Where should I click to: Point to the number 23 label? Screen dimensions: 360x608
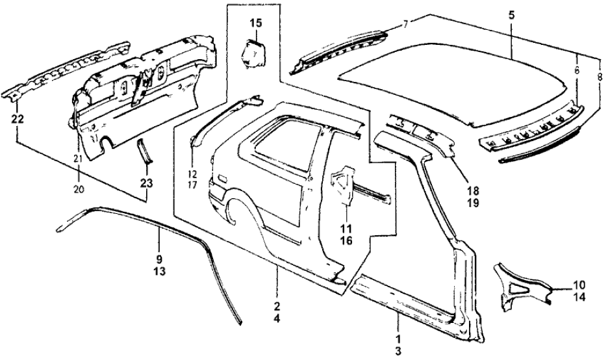coord(147,183)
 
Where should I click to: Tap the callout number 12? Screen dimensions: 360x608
coord(192,174)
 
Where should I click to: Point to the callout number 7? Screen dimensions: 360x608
coord(405,24)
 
